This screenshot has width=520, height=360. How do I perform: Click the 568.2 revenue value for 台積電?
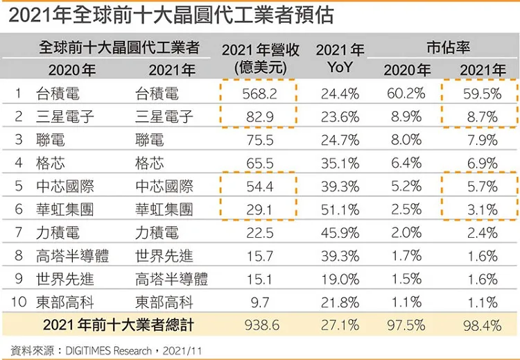(259, 94)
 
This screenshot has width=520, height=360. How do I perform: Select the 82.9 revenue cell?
(260, 117)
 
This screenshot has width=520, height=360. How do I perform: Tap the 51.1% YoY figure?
(340, 209)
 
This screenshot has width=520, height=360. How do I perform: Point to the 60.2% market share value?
(406, 94)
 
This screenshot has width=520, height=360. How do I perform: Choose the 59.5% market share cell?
(482, 94)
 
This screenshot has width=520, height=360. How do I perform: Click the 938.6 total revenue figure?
(261, 325)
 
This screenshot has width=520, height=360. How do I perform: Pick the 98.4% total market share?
(482, 325)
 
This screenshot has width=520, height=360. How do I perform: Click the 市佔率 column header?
(448, 47)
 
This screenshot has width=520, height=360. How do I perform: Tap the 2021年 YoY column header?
(340, 58)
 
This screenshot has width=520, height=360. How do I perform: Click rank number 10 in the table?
(19, 302)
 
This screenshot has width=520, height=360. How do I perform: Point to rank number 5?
(19, 186)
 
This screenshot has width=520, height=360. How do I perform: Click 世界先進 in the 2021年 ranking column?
(164, 256)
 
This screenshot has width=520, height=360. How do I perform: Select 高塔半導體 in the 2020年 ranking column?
(72, 256)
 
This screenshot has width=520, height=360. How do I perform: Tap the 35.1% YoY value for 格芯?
(340, 163)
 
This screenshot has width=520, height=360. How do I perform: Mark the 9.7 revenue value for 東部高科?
(260, 302)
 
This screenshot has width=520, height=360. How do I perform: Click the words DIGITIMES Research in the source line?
(108, 351)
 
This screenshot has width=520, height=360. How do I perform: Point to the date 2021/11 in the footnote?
(182, 351)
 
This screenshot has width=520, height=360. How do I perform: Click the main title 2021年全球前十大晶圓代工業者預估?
(171, 15)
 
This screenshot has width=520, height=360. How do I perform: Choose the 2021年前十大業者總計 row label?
(119, 325)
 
